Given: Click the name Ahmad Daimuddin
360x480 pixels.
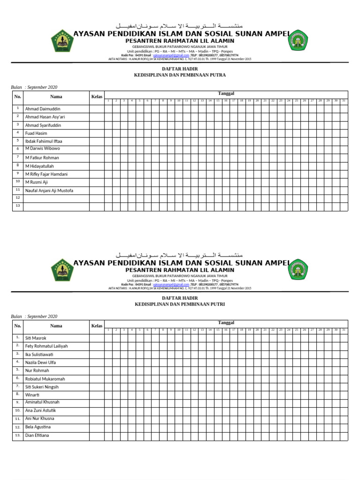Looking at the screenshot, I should click(x=43, y=108).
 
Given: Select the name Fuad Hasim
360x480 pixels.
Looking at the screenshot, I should click(x=37, y=133).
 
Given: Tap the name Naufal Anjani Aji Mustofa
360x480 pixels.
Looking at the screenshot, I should click(x=49, y=190).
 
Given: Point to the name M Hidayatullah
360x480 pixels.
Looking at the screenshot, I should click(x=40, y=166).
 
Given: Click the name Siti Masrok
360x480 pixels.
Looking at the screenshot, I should click(x=36, y=338).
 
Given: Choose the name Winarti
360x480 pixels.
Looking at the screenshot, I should click(x=33, y=394).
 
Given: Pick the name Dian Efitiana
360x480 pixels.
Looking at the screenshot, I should click(x=37, y=435).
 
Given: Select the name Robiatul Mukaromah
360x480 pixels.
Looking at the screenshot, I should click(x=45, y=379).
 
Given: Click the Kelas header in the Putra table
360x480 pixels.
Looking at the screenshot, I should click(x=97, y=97).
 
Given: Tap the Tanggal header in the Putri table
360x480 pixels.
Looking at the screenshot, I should click(x=226, y=322).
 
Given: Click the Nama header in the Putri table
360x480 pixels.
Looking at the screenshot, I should click(x=56, y=326).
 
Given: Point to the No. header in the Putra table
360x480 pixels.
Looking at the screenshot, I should click(x=18, y=97).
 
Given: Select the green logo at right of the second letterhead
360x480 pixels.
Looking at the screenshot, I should click(x=299, y=270).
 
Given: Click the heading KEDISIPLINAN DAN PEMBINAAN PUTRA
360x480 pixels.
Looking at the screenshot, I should click(x=180, y=75).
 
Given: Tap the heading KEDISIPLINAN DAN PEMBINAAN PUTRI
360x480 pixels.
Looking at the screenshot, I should click(x=180, y=304).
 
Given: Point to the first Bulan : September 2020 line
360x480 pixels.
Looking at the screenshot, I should click(x=34, y=87).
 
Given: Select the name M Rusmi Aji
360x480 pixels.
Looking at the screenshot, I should click(x=37, y=182).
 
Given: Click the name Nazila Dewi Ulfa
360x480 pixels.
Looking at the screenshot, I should click(x=40, y=362).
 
